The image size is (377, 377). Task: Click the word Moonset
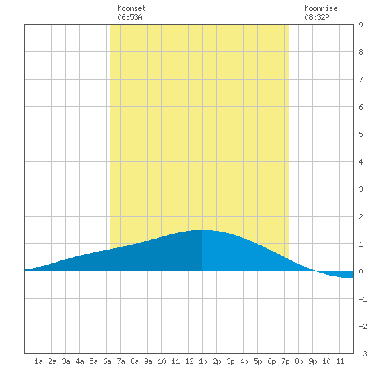pos(132,8)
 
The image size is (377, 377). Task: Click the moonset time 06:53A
pos(130,17)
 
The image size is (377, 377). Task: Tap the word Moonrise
pos(321,8)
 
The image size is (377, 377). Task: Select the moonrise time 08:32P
pos(317,17)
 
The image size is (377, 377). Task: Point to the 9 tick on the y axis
pos(361,25)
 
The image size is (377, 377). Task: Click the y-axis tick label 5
pos(361,134)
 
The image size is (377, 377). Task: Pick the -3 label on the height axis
pos(363,354)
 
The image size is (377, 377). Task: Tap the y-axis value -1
pos(363,299)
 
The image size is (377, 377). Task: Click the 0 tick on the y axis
pos(361,271)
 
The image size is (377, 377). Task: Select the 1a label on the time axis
pos(38,361)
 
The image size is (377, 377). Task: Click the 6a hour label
pos(107,361)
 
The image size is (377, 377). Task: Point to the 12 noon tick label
pos(189,361)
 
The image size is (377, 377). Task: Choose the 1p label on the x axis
pos(203,361)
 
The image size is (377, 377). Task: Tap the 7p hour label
pos(285,361)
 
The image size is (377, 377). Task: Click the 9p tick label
pos(313,361)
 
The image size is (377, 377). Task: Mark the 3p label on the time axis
pos(230,361)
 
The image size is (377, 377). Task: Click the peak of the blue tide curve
pos(202,230)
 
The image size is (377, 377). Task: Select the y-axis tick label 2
pos(361,217)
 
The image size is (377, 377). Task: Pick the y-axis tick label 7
pos(361,80)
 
